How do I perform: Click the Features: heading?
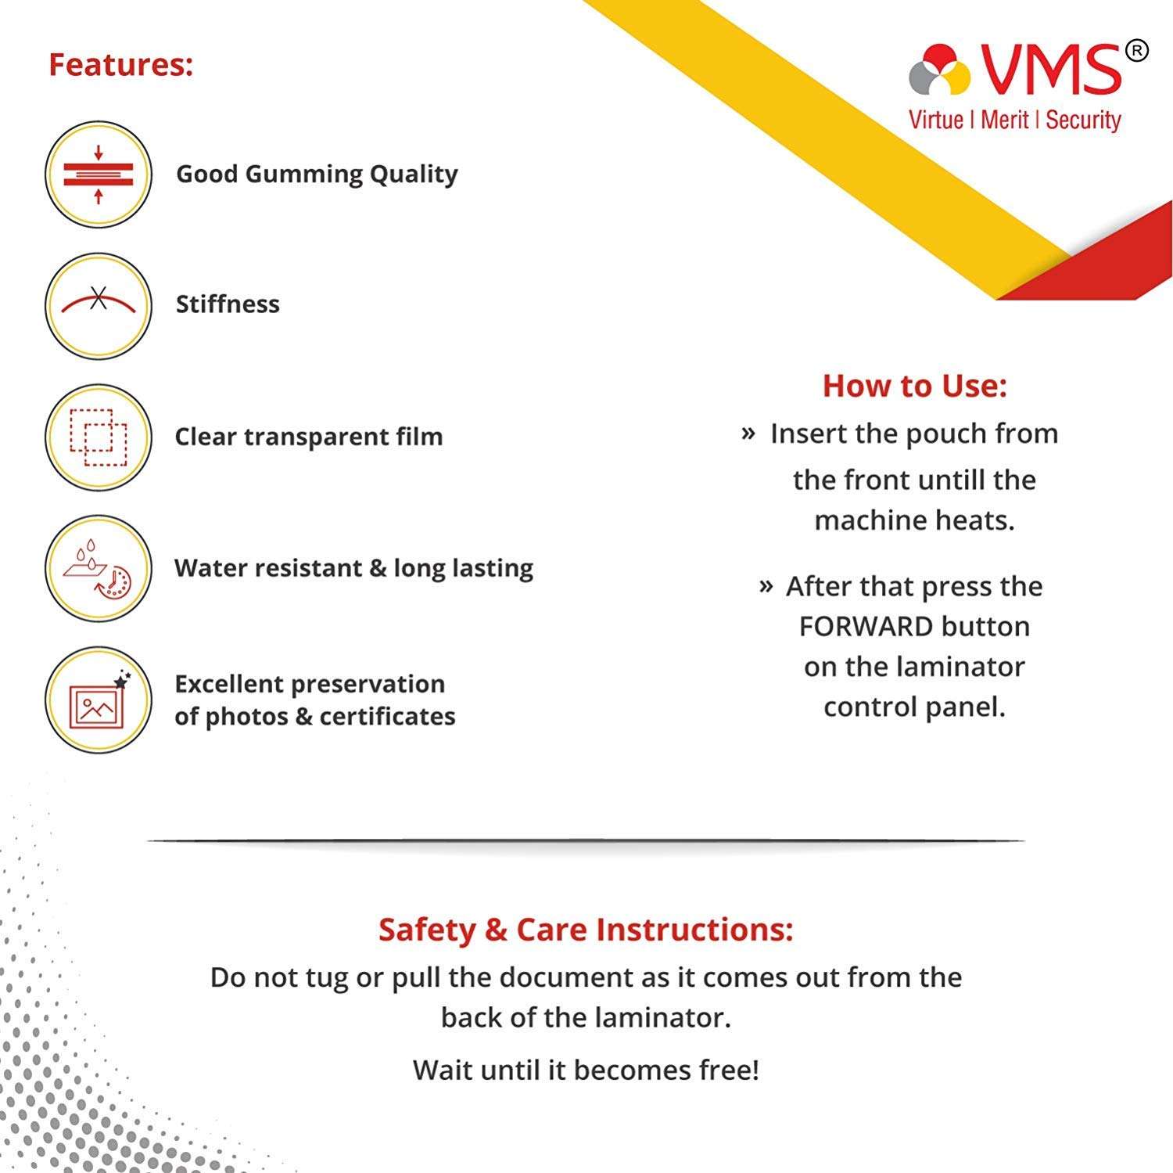click(x=120, y=64)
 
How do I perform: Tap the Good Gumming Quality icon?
click(x=99, y=175)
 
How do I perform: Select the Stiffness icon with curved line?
click(x=99, y=305)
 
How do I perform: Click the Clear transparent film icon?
click(x=99, y=437)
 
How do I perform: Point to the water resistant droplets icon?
click(x=99, y=568)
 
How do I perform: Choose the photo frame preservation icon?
click(x=99, y=700)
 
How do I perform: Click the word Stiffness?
click(x=227, y=304)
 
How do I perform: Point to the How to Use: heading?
click(x=914, y=386)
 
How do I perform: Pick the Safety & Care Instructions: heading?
click(x=586, y=930)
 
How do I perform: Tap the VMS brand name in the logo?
click(x=1050, y=70)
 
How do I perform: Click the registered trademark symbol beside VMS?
click(x=1136, y=51)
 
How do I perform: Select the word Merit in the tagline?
click(x=1004, y=120)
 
